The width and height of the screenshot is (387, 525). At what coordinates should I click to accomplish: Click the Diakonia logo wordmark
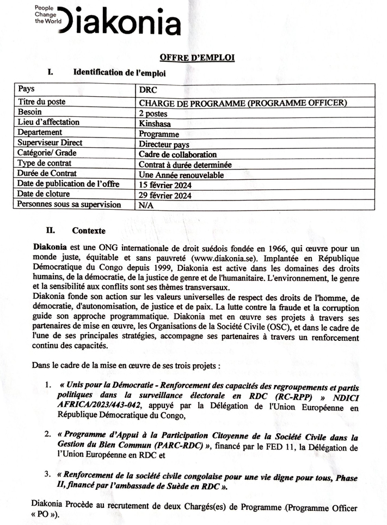pyautogui.click(x=121, y=23)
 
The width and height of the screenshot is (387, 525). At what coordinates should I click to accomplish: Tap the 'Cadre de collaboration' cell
pyautogui.click(x=177, y=154)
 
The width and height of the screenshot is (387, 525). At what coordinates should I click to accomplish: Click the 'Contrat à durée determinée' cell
pyautogui.click(x=185, y=165)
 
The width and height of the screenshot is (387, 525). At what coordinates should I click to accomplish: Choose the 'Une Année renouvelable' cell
pyautogui.click(x=181, y=175)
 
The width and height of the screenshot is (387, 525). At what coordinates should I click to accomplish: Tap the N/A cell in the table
pyautogui.click(x=145, y=205)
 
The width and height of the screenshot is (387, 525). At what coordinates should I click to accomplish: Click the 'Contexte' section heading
pyautogui.click(x=89, y=230)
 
